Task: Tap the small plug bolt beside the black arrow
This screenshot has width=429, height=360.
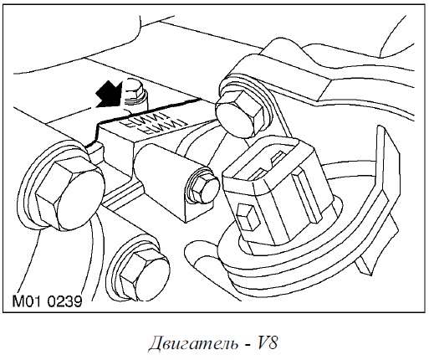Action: tap(135, 94)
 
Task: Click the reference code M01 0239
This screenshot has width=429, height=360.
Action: tap(47, 301)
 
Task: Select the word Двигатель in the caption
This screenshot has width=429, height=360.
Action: tap(193, 342)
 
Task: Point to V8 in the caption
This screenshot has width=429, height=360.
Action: tap(267, 342)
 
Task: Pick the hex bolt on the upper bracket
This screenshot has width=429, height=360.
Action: tap(240, 114)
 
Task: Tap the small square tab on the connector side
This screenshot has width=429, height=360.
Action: tap(248, 217)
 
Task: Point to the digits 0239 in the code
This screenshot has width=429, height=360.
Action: tap(65, 301)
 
